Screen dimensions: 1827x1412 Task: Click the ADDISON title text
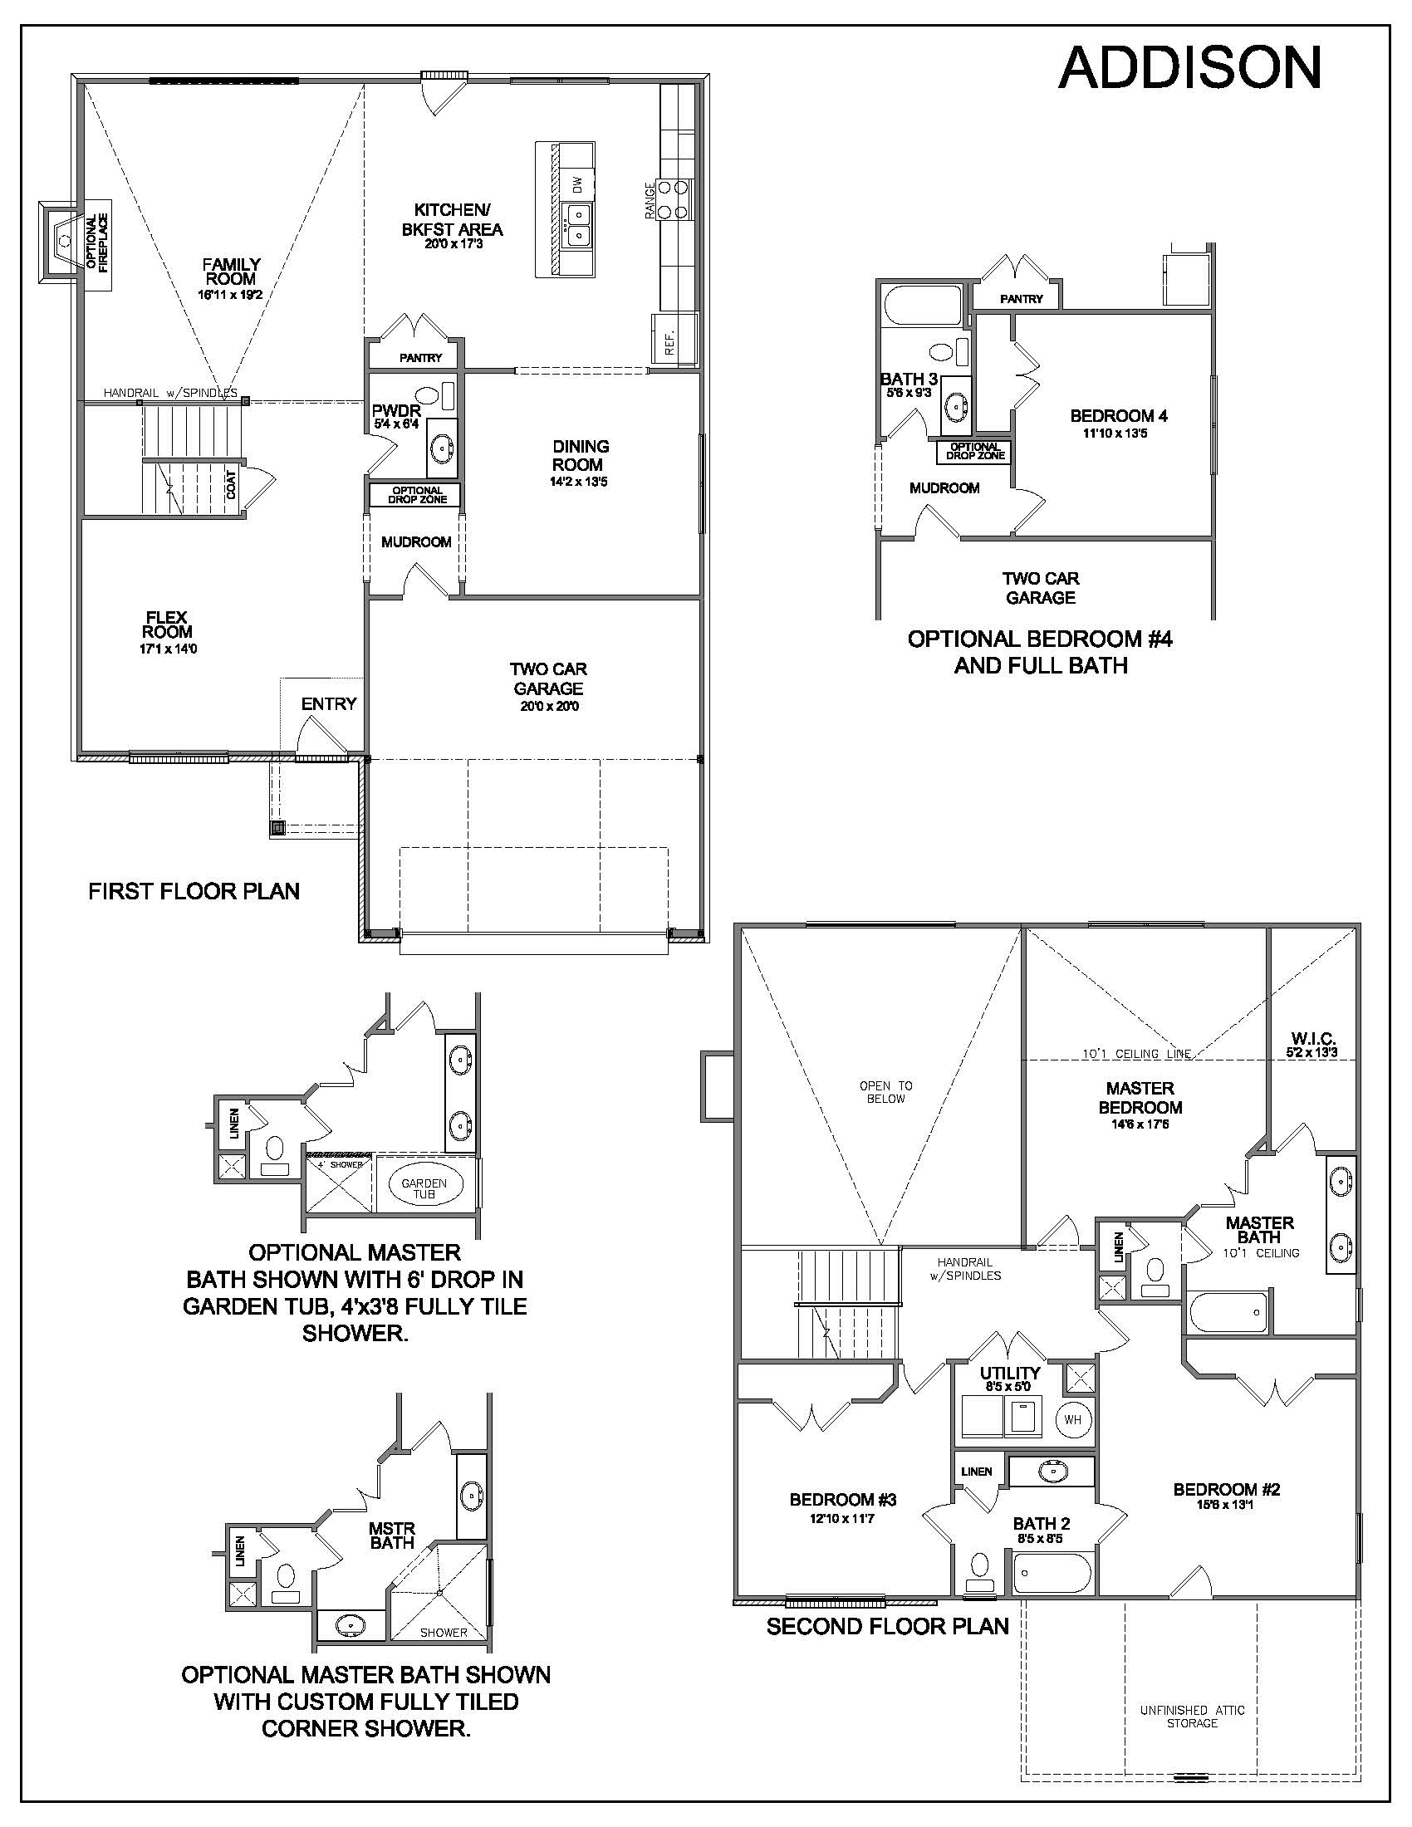(x=1189, y=68)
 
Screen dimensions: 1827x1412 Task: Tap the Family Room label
(x=231, y=272)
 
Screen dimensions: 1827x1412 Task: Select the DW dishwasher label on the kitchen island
(x=576, y=183)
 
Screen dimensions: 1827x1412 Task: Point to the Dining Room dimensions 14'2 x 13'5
(x=579, y=482)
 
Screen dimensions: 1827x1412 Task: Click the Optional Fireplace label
(x=97, y=242)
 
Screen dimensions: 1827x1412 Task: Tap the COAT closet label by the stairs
(x=232, y=485)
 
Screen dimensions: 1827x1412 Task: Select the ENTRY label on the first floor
(x=329, y=704)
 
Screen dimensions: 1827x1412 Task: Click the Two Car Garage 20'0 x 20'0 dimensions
(x=548, y=706)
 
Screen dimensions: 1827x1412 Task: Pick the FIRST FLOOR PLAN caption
(x=194, y=891)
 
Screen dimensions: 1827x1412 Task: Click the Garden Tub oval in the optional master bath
(x=424, y=1188)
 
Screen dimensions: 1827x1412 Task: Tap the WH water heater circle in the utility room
(x=1072, y=1419)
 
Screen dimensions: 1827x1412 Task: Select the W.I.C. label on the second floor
(x=1312, y=1040)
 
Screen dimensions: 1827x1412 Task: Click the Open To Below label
(x=886, y=1092)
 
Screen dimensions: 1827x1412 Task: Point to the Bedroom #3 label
(x=842, y=1500)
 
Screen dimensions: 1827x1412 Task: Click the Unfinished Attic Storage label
(x=1192, y=1717)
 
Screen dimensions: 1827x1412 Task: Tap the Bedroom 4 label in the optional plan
(x=1119, y=416)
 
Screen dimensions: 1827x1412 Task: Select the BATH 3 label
(x=908, y=379)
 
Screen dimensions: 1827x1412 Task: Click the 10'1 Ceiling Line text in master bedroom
(x=1136, y=1054)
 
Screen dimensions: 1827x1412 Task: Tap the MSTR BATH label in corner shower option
(x=391, y=1536)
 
